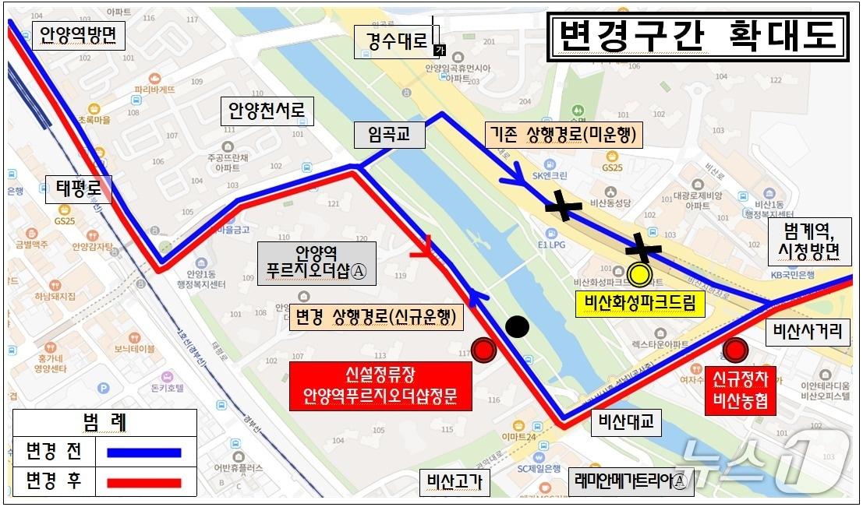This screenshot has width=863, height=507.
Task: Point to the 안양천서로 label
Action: [266, 112]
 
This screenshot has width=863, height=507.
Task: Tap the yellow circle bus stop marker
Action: [640, 274]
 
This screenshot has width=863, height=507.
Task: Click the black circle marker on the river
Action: [517, 327]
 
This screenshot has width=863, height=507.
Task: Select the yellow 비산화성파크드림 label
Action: [639, 303]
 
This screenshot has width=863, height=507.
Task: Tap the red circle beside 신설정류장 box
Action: [485, 351]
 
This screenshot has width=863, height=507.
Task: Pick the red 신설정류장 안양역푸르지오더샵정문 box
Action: [381, 386]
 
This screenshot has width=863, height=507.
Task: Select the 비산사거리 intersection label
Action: [808, 332]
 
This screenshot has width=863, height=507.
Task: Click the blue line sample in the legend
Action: [144, 452]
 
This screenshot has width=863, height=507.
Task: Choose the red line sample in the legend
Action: [144, 482]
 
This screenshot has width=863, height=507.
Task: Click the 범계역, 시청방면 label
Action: [809, 241]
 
